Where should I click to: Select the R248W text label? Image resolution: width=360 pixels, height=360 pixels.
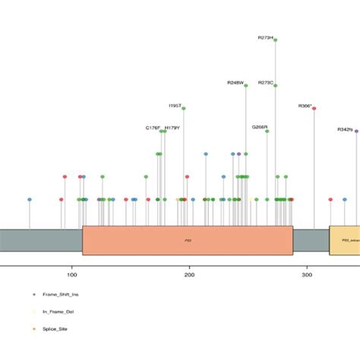(235, 82)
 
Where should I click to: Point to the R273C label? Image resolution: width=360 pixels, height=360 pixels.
(266, 82)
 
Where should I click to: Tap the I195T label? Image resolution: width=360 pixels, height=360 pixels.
(175, 105)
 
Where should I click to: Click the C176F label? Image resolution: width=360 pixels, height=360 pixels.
(153, 128)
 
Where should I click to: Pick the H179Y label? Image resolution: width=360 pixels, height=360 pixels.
(172, 128)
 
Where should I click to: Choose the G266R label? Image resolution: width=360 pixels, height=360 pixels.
(260, 127)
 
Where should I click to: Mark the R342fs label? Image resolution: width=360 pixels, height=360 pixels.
(345, 129)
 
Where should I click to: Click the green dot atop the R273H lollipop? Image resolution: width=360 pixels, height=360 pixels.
(275, 41)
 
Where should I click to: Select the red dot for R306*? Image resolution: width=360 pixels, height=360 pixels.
(314, 109)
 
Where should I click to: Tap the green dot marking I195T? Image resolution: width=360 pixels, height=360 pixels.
(184, 109)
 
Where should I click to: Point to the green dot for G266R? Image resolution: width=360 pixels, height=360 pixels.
(267, 131)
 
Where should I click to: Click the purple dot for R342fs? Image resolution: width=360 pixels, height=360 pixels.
(356, 131)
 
